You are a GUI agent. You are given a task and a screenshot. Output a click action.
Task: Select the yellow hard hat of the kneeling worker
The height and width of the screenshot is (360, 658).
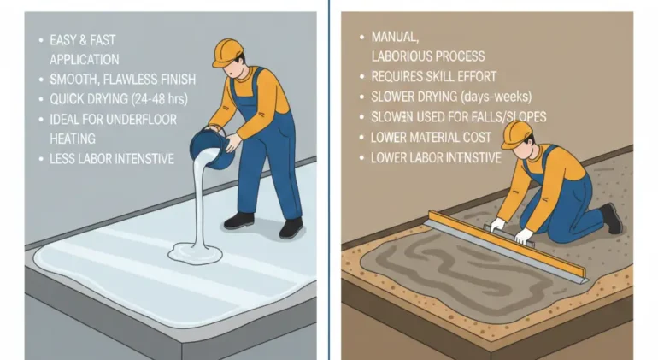[518, 132]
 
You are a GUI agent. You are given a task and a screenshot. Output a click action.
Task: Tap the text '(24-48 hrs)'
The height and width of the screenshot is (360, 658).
[160, 99]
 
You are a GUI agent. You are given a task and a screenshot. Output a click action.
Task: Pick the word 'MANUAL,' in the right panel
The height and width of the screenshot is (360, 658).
[393, 38]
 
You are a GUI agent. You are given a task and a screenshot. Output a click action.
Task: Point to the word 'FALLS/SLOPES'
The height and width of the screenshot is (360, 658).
[509, 117]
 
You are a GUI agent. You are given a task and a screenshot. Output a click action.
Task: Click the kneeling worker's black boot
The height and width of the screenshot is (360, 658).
[610, 218]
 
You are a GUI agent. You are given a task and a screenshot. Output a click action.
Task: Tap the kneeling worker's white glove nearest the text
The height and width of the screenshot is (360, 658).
[496, 224]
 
